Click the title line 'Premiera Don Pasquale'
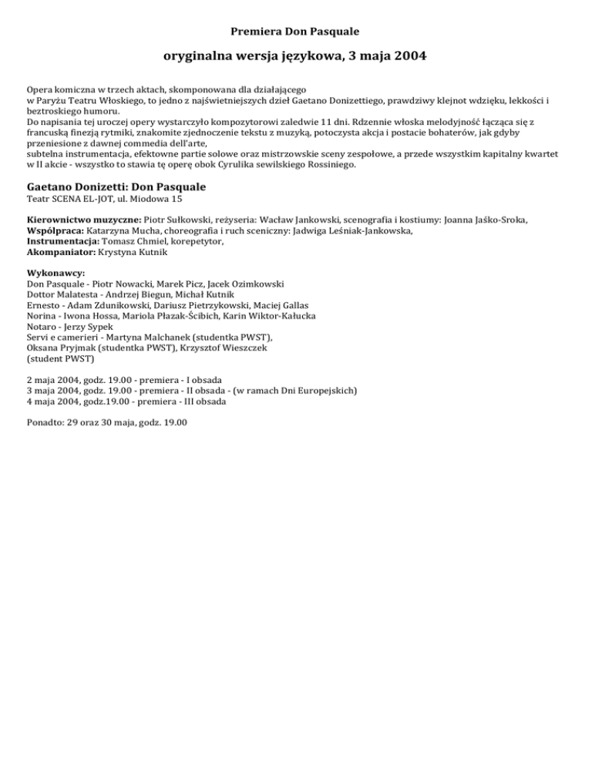coord(295,32)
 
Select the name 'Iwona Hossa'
coord(87,316)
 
